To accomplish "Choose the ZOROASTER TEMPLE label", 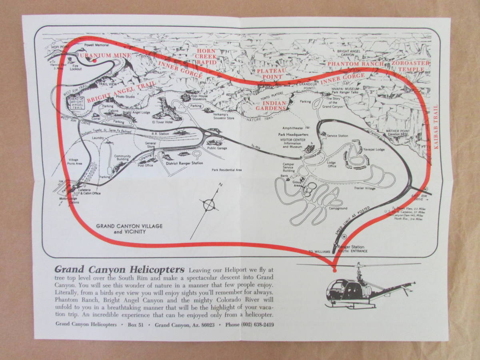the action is coord(411,66).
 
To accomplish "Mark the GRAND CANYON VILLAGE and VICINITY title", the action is coord(129,229).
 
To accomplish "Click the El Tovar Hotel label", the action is coord(162,122).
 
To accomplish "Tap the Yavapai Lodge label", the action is coord(374,149).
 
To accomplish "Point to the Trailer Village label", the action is coord(364,188).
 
